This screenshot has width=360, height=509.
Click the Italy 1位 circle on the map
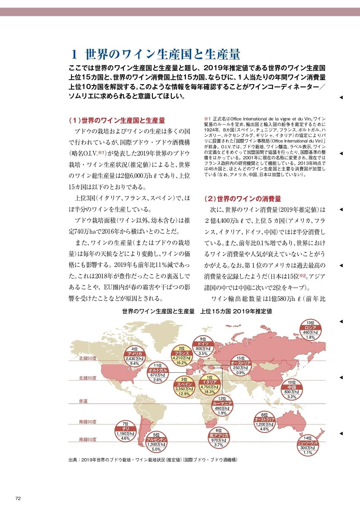pos(209,385)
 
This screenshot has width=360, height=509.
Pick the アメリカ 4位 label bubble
pos(134,356)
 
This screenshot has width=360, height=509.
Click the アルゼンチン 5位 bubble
pos(156,442)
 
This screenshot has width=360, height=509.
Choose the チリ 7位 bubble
pos(125,431)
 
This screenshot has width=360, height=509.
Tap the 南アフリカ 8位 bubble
pos(219,438)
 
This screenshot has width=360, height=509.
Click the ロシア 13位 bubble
pos(310,330)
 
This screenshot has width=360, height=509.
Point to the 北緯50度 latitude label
pos(88,358)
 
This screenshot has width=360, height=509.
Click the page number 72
pos(18,499)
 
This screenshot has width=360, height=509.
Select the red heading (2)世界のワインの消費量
pos(243,199)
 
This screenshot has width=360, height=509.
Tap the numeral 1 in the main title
pos(75,54)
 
